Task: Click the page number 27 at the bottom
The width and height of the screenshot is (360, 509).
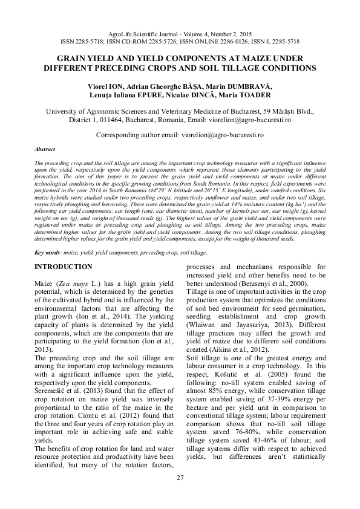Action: (x=180, y=479)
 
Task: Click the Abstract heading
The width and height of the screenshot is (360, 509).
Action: (x=45, y=148)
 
